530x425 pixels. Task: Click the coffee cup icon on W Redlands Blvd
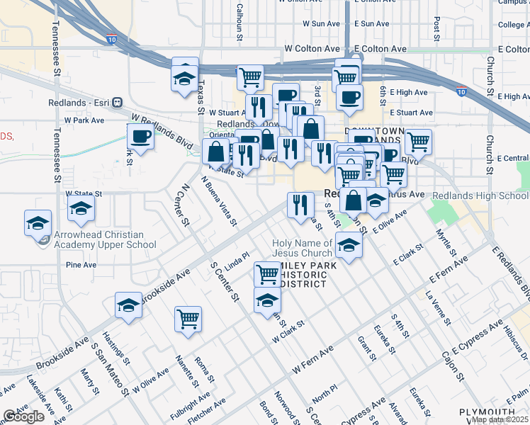tap(140, 137)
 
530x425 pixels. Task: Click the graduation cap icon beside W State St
tap(81, 209)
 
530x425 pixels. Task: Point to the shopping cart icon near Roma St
tap(188, 319)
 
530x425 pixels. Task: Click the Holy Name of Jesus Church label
tap(303, 248)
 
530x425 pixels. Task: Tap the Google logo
tap(24, 416)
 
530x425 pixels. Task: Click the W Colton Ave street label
tap(312, 49)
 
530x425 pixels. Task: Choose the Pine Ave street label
tap(80, 265)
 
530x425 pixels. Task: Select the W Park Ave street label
tap(84, 120)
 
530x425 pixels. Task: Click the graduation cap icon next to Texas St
tap(185, 77)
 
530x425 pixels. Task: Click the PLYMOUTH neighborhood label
tap(487, 412)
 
